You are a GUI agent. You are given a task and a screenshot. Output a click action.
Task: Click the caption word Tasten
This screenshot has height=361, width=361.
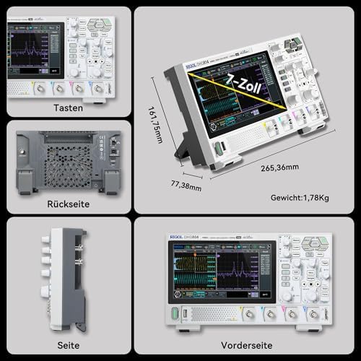(66, 107)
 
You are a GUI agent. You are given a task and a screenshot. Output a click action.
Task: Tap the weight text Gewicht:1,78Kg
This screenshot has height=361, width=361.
(301, 196)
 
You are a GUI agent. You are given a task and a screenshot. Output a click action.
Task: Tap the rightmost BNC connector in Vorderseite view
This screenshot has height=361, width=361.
(313, 314)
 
